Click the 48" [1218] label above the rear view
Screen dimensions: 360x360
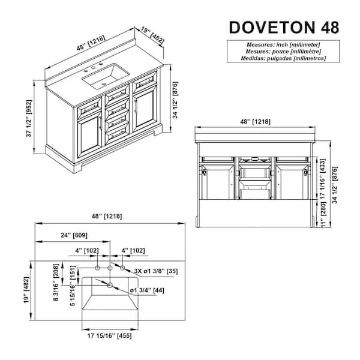255,121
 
